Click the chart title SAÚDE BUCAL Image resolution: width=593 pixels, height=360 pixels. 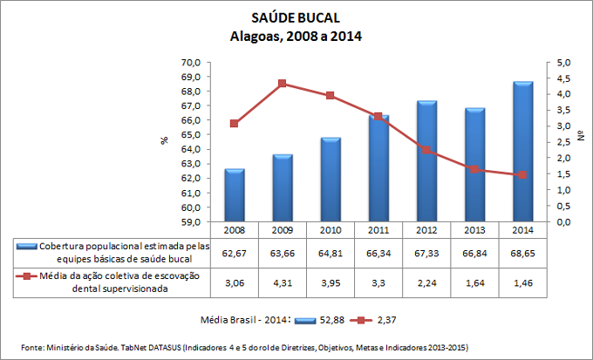[296, 18]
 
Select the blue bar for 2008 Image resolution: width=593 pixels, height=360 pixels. [235, 195]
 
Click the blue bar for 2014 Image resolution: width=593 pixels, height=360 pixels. [522, 152]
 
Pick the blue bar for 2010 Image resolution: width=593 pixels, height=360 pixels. [331, 180]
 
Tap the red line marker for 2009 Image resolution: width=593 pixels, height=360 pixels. [283, 84]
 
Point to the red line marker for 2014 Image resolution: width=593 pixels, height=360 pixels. [522, 174]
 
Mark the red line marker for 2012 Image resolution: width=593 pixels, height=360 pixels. [426, 150]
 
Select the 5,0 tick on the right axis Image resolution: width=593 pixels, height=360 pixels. [564, 63]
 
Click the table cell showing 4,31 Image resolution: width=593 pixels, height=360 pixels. [283, 282]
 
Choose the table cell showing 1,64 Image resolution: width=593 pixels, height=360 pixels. [474, 282]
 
